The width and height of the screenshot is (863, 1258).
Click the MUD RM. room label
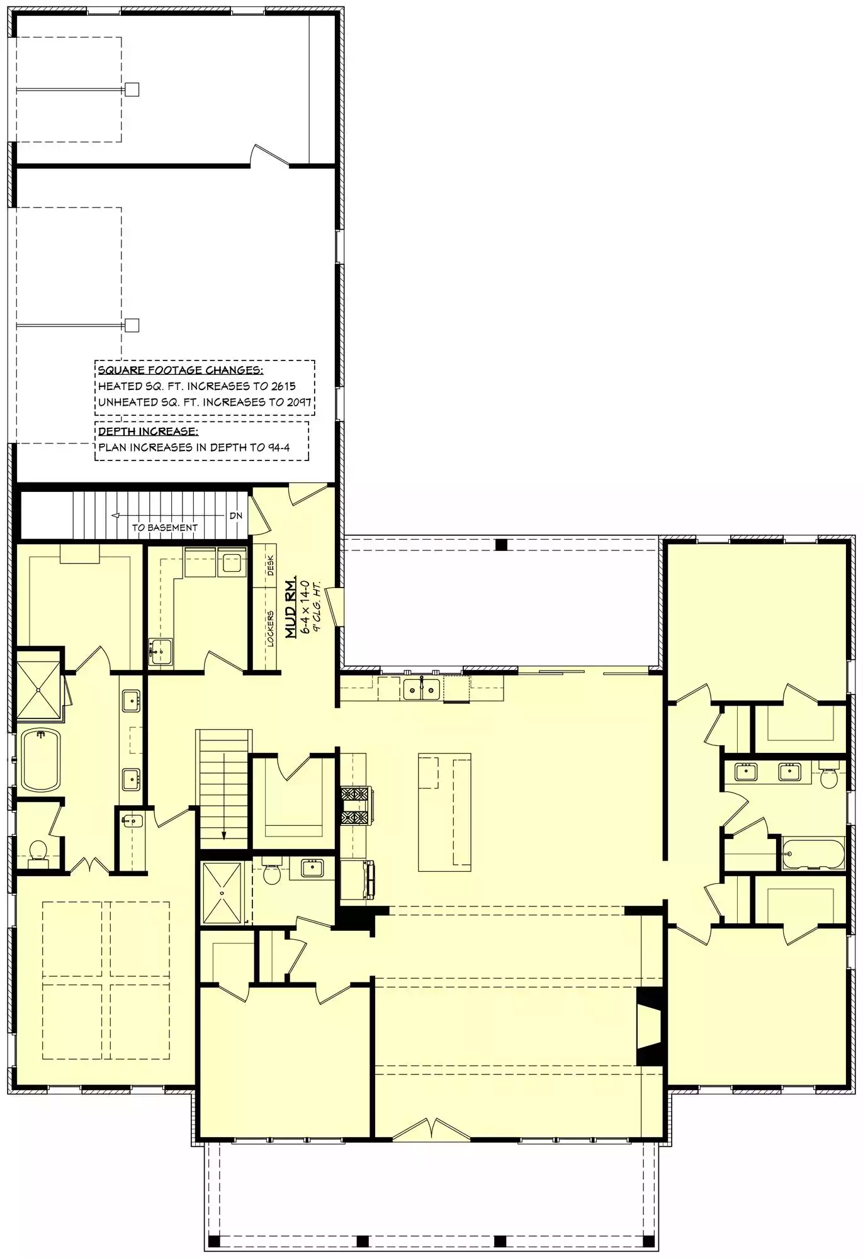coord(291,607)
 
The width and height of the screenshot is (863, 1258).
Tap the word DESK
coord(270,565)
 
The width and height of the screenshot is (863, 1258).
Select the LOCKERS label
coord(270,628)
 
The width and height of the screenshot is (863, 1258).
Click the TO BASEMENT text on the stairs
coord(164,528)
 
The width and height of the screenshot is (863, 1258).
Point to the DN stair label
coord(236,516)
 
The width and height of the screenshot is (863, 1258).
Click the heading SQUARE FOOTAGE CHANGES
coord(181,370)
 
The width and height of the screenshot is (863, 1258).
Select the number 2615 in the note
coord(283,386)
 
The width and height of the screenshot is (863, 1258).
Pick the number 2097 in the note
coord(299,402)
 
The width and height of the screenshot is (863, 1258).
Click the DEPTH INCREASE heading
coord(148,431)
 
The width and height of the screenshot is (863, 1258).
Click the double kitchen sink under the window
coord(422,689)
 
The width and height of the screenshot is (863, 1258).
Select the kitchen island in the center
coord(444,812)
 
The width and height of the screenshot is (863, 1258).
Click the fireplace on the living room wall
coord(651,1026)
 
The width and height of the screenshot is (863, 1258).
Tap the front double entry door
coord(432,1129)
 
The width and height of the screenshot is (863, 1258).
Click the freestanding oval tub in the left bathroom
coord(40,759)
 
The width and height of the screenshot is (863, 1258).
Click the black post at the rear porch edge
coord(501,545)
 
